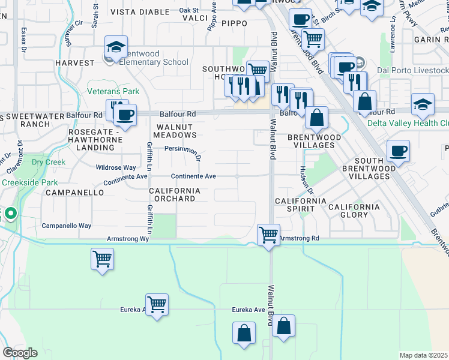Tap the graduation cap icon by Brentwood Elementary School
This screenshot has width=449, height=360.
click(116, 47)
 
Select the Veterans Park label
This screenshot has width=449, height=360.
click(113, 92)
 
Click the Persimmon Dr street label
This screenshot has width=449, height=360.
click(182, 152)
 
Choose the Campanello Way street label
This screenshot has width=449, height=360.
click(66, 226)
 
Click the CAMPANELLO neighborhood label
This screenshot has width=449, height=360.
click(71, 193)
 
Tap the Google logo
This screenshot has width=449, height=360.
click(20, 353)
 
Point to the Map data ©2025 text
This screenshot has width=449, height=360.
click(424, 355)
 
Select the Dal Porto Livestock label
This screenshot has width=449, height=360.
click(412, 71)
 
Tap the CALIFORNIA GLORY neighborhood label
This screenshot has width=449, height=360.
click(354, 211)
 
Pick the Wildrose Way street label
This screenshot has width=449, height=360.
click(116, 168)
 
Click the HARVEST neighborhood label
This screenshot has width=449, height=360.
click(74, 62)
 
